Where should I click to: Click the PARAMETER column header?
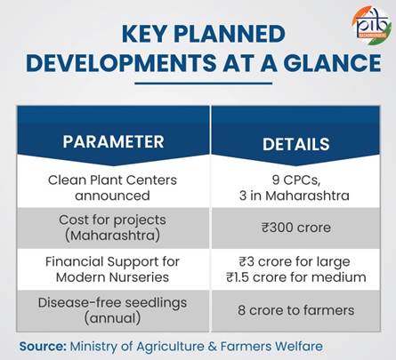tap(112, 142)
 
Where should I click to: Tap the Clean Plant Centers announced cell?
tap(112, 188)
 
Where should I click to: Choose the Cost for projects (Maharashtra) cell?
tap(112, 228)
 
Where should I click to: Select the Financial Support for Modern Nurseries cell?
tap(112, 268)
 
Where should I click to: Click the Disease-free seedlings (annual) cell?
tap(112, 309)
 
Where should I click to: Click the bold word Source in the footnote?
tap(44, 345)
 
